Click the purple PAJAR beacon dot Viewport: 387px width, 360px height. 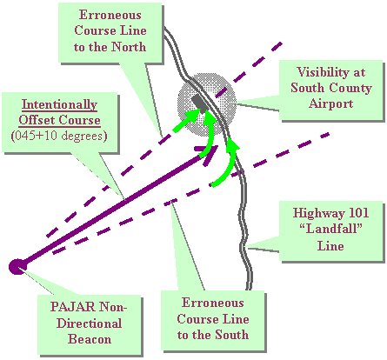coord(17,267)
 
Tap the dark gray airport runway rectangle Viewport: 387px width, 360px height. coord(199,103)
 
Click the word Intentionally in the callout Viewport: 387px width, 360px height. coord(59,104)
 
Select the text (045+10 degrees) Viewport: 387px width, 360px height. coord(59,136)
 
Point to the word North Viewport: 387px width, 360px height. coord(129,47)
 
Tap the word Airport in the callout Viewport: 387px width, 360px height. coord(330,103)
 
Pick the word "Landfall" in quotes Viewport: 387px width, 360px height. coord(330,229)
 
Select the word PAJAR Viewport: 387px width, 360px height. coord(72,307)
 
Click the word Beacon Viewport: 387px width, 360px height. coord(90,339)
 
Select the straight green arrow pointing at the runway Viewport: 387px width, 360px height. coord(186,120)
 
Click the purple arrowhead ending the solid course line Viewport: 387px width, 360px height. coord(208,154)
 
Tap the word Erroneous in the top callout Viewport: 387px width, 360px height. coord(110,15)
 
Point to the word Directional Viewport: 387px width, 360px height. coord(90,323)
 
